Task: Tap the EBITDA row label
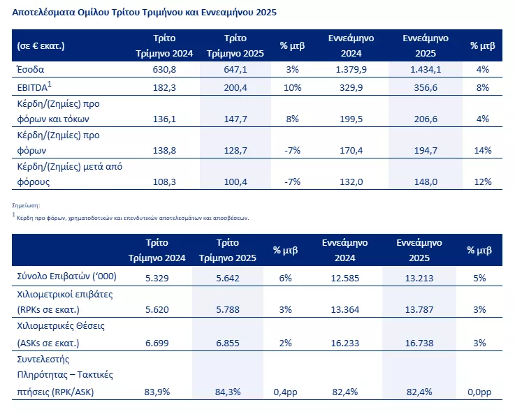click(x=34, y=87)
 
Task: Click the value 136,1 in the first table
click(x=164, y=119)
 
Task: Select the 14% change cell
click(x=482, y=151)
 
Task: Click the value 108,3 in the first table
click(x=164, y=182)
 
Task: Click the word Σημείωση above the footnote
click(x=27, y=205)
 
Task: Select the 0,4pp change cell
click(x=289, y=392)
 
